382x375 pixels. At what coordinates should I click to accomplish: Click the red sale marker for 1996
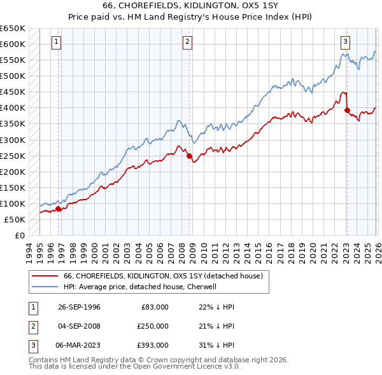[58, 208]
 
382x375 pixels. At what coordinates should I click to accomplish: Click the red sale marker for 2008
[189, 156]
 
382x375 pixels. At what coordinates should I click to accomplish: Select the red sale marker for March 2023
[347, 110]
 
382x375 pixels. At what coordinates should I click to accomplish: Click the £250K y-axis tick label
[12, 156]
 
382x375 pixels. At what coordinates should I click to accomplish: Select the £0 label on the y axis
[19, 235]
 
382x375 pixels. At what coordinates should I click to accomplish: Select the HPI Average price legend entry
[140, 287]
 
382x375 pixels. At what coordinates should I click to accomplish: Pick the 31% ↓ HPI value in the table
[212, 345]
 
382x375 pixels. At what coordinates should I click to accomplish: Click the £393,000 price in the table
[153, 345]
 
